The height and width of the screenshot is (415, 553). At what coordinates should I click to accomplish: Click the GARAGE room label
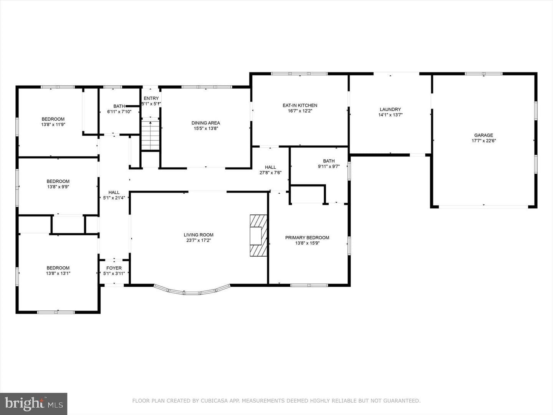483,135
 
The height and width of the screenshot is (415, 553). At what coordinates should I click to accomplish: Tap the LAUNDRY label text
390,110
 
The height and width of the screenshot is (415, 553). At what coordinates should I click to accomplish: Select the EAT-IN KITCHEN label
300,105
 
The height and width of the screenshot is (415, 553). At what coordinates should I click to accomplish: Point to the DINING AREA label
205,123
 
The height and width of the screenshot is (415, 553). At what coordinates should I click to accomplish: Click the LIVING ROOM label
199,235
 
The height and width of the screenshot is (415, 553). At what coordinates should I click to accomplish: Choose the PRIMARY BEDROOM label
307,237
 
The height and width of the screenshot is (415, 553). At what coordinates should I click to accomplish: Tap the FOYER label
114,268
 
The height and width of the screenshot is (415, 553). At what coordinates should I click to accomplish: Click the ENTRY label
151,98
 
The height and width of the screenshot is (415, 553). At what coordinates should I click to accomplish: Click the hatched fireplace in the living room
258,236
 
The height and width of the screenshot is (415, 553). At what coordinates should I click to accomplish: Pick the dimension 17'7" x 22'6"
484,141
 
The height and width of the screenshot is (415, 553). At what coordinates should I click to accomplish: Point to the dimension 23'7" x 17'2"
199,241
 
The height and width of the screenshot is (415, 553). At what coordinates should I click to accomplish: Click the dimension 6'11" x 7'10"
119,111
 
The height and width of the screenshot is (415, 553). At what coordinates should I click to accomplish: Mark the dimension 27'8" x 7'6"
270,173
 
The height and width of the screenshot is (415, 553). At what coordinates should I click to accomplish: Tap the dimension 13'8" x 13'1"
58,273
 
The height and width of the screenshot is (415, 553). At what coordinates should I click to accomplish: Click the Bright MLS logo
33,403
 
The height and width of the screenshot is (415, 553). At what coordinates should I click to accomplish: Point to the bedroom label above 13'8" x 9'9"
58,181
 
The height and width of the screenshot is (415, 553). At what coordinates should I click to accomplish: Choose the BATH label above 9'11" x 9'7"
329,161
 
